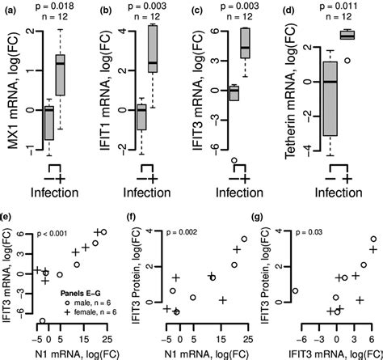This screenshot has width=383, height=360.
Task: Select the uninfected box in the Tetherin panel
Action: click(x=329, y=104)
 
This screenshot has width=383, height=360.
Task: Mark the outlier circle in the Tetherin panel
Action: click(x=348, y=60)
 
